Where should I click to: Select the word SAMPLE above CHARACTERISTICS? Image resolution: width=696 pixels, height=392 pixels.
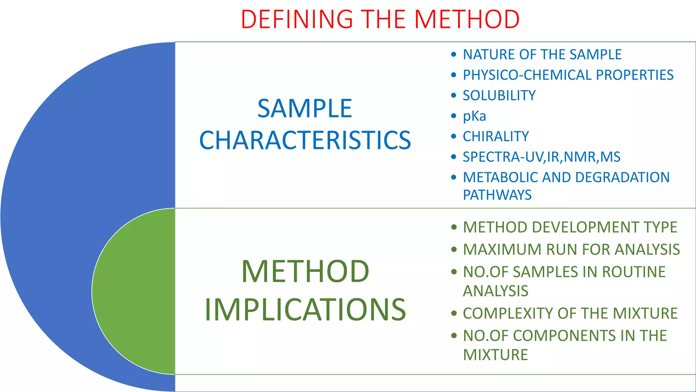[x=305, y=109]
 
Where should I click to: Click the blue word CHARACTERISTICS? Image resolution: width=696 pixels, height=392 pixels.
[x=305, y=140]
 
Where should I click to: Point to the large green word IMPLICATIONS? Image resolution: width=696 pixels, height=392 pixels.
[x=305, y=309]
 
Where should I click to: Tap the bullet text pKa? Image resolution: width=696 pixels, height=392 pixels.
[x=474, y=116]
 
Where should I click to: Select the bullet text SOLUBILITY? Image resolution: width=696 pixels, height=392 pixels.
[x=499, y=96]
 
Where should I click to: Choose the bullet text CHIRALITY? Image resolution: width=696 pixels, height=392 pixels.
[x=496, y=136]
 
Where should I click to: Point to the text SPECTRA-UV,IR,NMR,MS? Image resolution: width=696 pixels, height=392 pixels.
[x=542, y=157]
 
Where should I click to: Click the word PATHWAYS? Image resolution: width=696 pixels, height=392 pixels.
[x=497, y=195]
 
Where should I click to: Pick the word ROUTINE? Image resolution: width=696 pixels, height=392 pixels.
[x=634, y=272]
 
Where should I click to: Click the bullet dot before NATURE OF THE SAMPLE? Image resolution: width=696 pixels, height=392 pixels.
[x=454, y=54]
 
